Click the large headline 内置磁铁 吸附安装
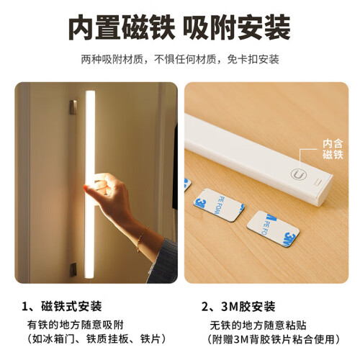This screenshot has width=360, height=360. click(x=179, y=27)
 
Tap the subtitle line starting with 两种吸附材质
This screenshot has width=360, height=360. click(x=180, y=59)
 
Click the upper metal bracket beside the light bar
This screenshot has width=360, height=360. click(x=73, y=107)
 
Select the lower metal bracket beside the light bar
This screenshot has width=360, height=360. click(x=73, y=270)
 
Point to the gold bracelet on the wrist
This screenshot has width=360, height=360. click(x=142, y=239)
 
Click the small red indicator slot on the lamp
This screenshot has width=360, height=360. click(x=319, y=181)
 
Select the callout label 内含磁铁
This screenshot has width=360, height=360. click(x=333, y=149)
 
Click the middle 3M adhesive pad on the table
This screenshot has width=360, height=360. click(x=219, y=204)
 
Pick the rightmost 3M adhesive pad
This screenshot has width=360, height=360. click(x=273, y=229)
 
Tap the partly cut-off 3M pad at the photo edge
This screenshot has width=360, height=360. click(x=187, y=184)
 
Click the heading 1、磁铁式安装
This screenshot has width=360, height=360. click(x=62, y=306)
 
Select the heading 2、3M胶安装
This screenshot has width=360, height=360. click(x=238, y=307)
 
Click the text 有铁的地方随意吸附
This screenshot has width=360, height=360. click(x=76, y=325)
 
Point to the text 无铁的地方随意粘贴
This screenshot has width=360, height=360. click(x=258, y=325)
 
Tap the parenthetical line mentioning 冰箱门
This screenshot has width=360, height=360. click(x=96, y=339)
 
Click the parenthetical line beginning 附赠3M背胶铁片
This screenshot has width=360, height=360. click(x=274, y=339)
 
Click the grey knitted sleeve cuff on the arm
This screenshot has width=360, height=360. click(x=163, y=261)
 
